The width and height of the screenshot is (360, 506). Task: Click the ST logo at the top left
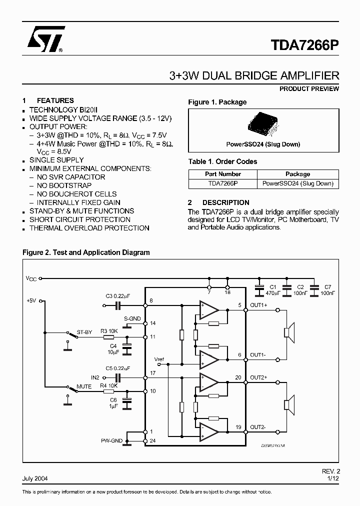point(43,39)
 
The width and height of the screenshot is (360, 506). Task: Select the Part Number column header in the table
point(223,174)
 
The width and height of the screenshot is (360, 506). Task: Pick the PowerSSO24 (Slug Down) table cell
point(297,183)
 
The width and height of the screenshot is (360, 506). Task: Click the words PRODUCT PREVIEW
point(309,89)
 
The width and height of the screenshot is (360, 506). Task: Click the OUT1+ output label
point(258,305)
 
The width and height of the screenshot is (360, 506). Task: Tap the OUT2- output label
point(258,427)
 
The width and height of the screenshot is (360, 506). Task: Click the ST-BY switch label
point(84,332)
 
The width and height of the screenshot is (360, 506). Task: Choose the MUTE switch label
point(84,386)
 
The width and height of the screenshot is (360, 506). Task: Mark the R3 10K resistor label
point(109,331)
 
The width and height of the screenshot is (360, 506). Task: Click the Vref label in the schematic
point(159,359)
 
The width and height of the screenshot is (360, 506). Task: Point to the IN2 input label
point(95,377)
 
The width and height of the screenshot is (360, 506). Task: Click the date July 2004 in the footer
point(35,478)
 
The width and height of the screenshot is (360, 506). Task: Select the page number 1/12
point(333,478)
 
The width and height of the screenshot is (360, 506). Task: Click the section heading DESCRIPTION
point(226,202)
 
